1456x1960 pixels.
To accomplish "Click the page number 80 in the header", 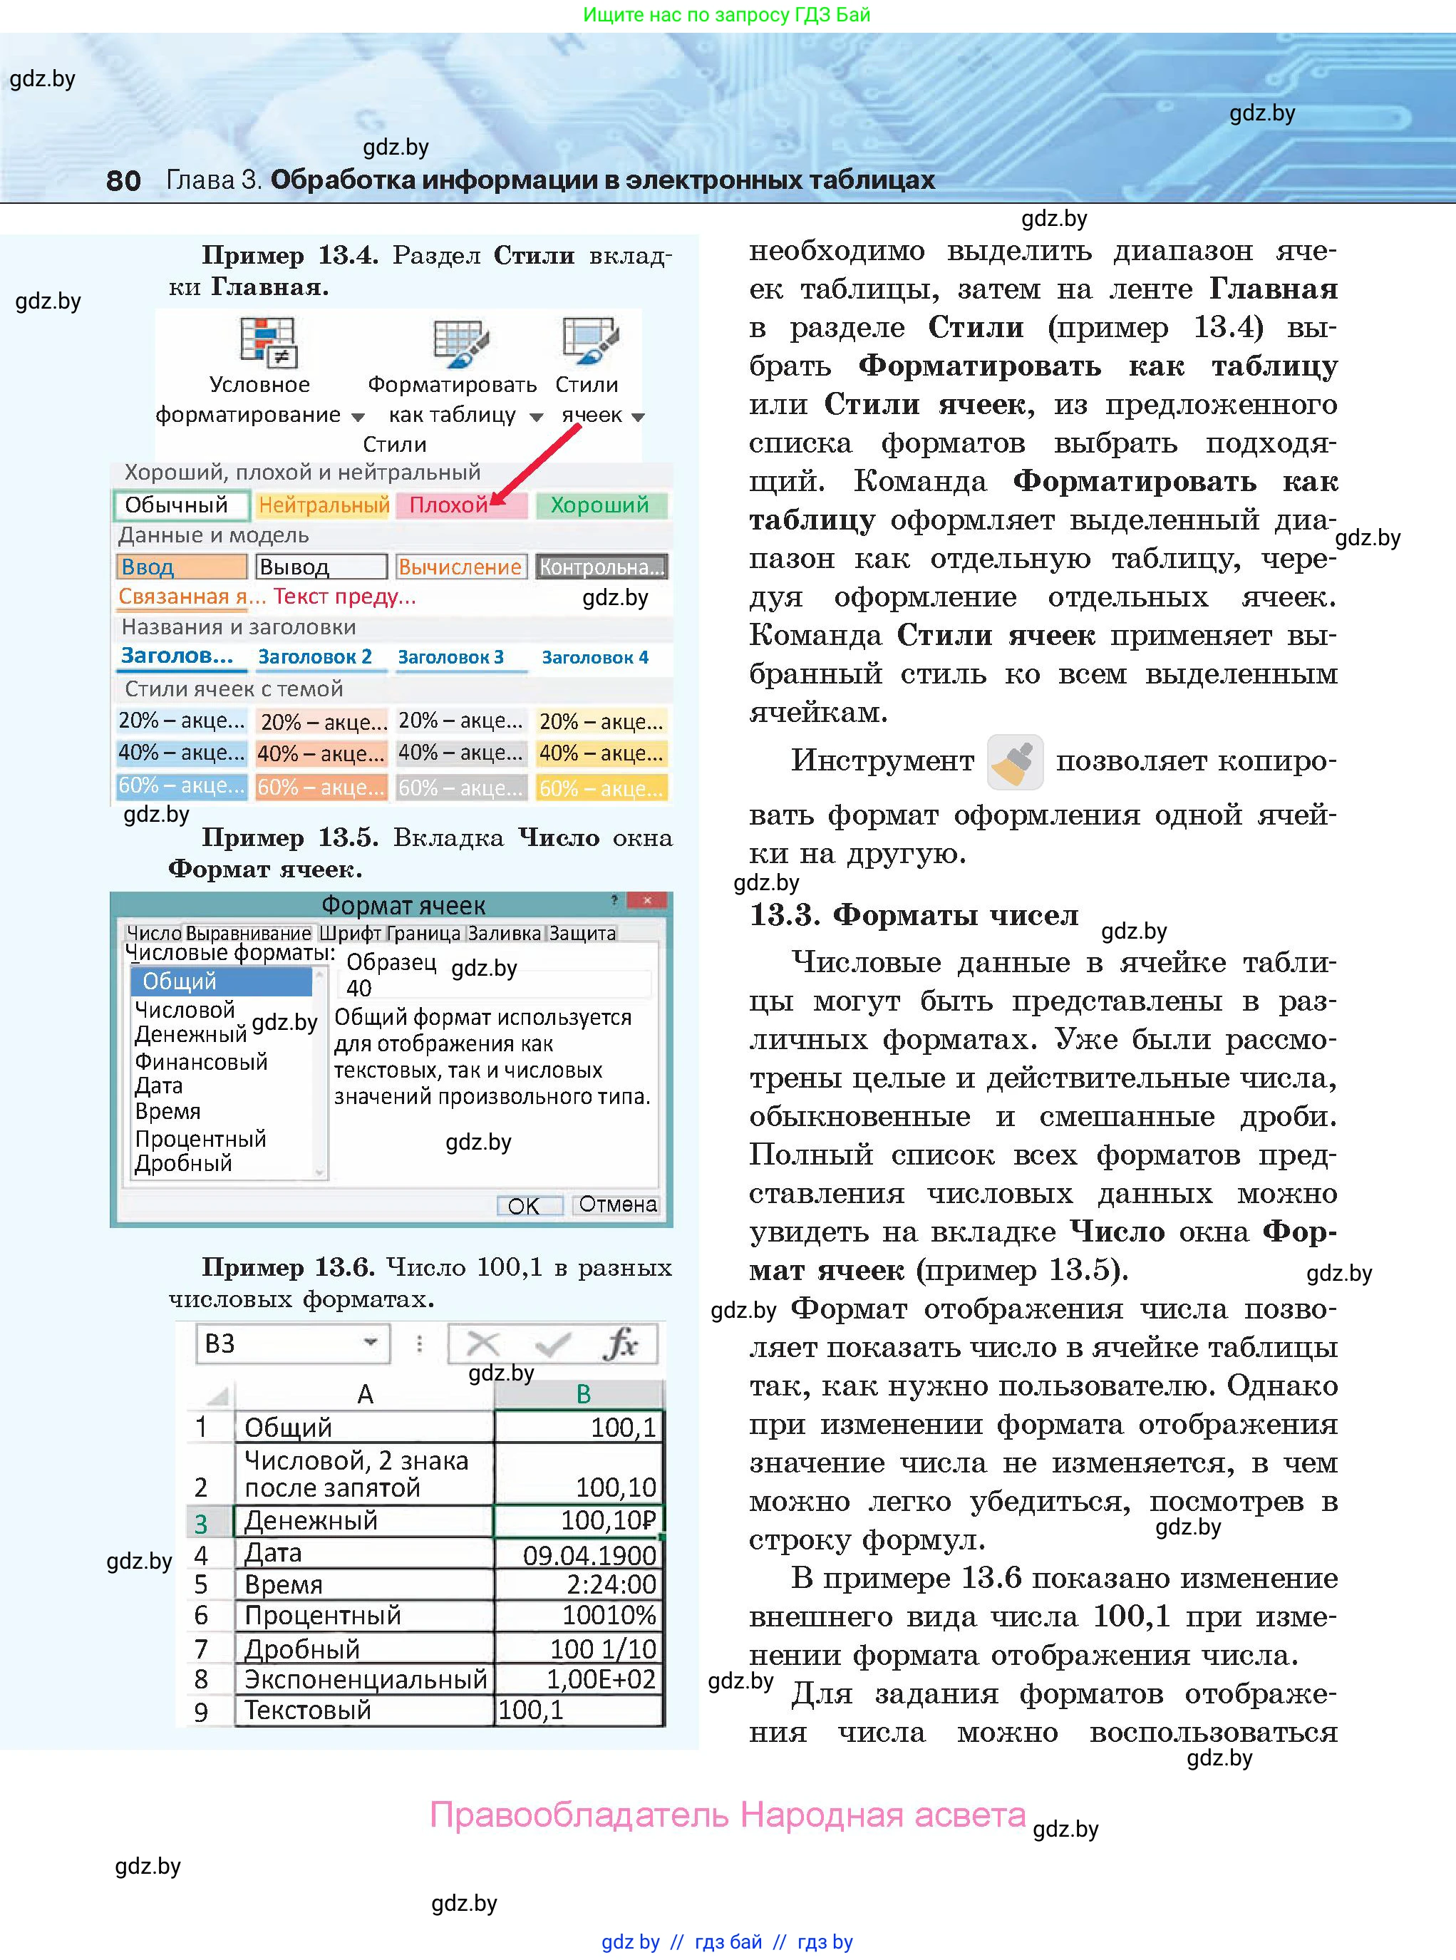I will pos(123,180).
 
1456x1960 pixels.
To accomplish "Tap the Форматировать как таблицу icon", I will pos(459,343).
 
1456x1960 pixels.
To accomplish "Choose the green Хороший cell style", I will pos(600,505).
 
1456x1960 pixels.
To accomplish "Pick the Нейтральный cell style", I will pos(323,505).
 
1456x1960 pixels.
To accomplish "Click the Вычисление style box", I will pos(460,567).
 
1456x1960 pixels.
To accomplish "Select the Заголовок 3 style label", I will pos(450,657).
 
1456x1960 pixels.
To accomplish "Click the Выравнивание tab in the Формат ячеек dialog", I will pos(249,933).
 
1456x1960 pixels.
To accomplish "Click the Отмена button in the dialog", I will pos(617,1205).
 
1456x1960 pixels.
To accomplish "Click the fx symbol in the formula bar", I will pos(621,1344).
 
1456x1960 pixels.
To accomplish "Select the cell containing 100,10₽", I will pos(578,1520).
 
